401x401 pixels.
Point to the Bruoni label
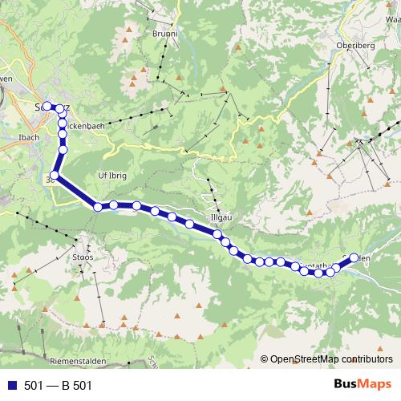[165, 34]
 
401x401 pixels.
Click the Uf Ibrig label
[112, 174]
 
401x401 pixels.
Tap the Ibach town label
[28, 137]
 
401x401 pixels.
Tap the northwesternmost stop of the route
[47, 105]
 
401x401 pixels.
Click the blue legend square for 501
[11, 385]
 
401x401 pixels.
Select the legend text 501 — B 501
[59, 385]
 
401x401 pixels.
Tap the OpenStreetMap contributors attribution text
[330, 359]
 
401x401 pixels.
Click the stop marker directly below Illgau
[217, 234]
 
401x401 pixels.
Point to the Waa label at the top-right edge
[392, 18]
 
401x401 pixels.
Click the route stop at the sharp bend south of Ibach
[55, 175]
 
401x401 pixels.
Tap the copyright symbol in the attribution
[265, 359]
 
